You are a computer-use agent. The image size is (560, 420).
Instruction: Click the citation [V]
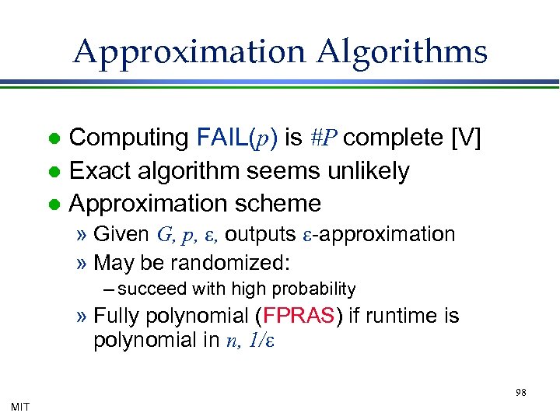pos(466,138)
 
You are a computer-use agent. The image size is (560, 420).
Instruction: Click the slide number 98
pos(520,393)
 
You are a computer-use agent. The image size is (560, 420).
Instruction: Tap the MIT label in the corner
pos(20,407)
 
